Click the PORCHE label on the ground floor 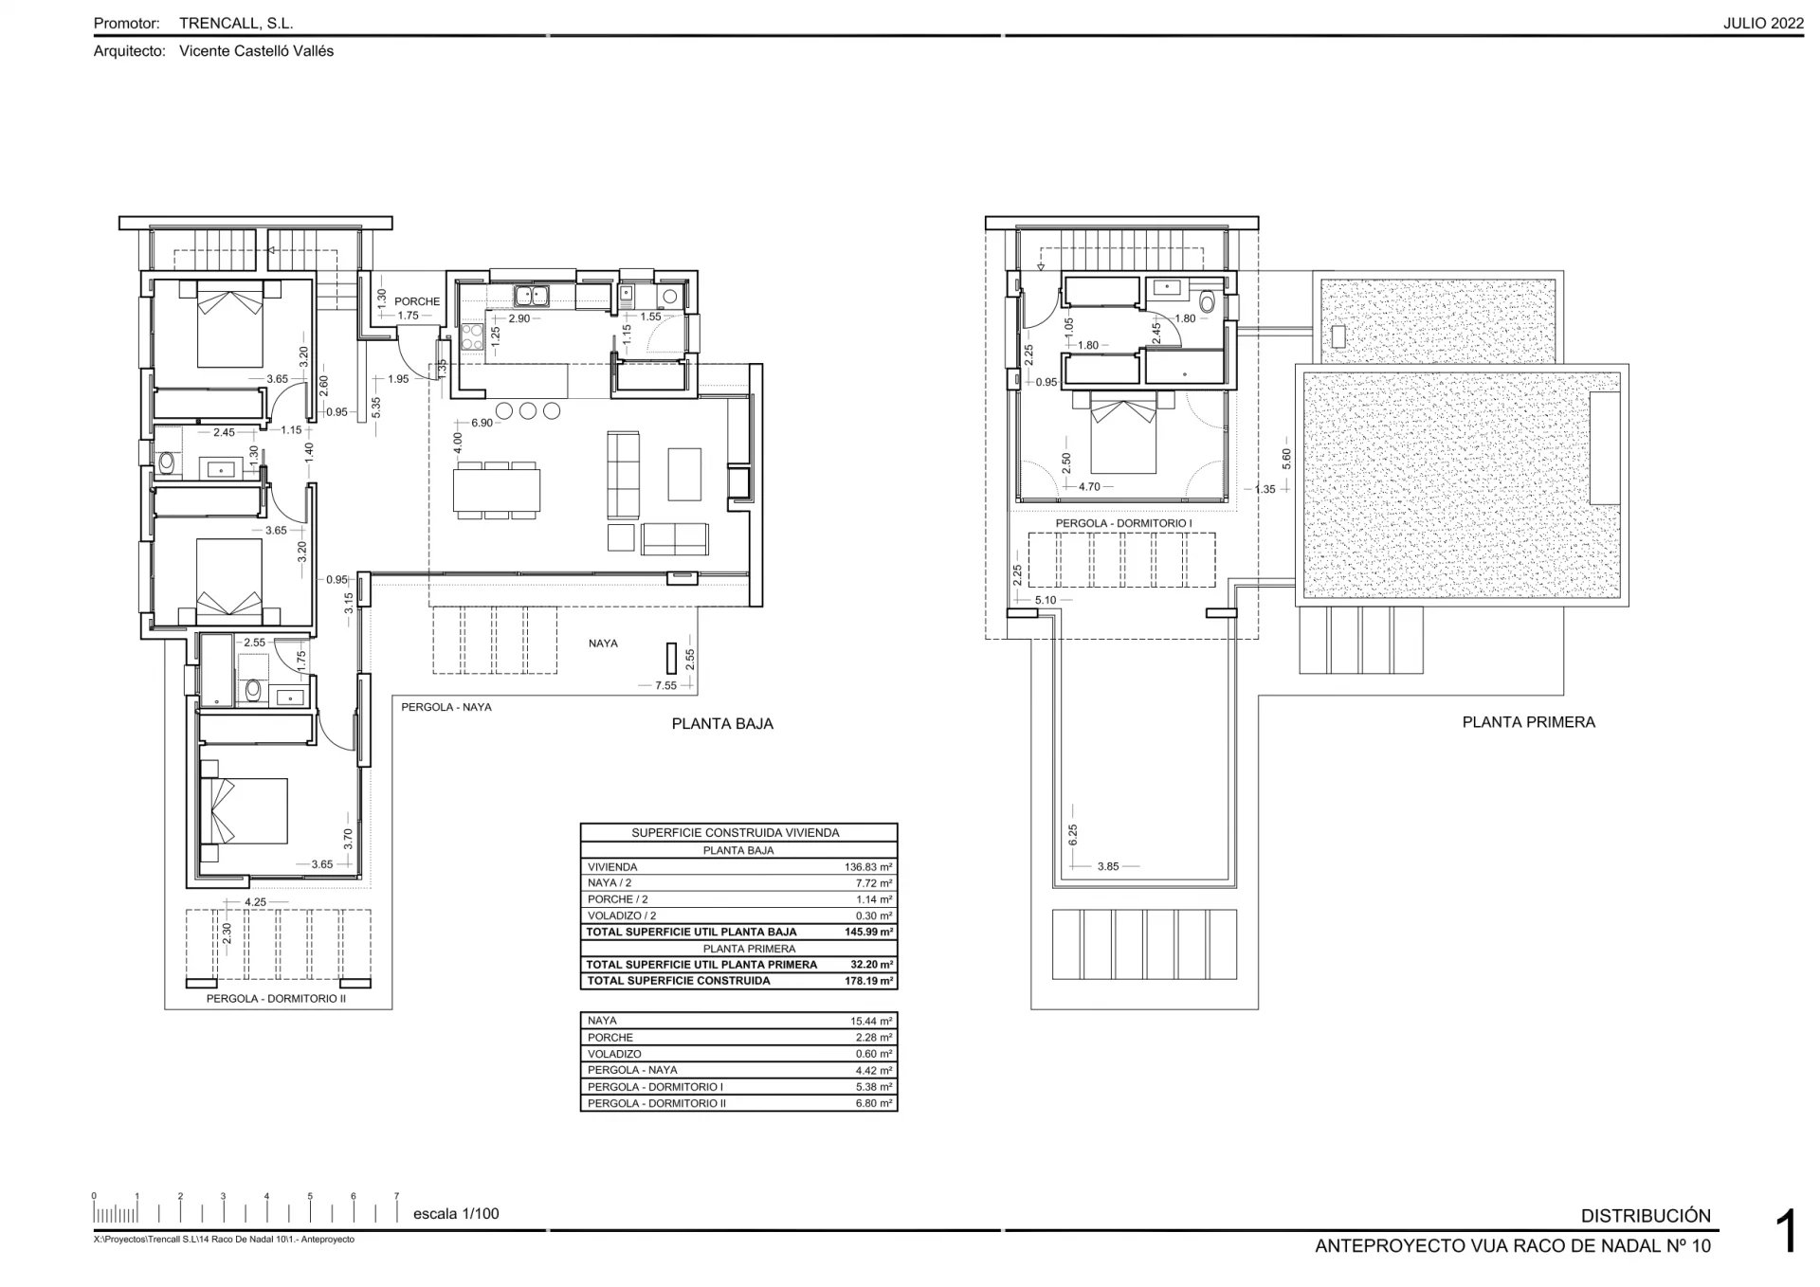click(x=417, y=301)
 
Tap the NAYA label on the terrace click(x=603, y=643)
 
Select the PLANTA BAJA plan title click(x=722, y=724)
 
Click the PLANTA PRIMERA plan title click(x=1528, y=722)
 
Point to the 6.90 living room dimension click(x=482, y=423)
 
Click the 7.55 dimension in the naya click(x=665, y=685)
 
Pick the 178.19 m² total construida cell click(x=870, y=981)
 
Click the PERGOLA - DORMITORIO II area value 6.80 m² click(x=872, y=1103)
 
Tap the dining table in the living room click(x=497, y=489)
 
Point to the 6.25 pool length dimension click(x=1073, y=834)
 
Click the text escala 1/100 click(x=456, y=1214)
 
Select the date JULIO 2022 click(x=1763, y=24)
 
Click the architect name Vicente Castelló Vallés click(x=256, y=51)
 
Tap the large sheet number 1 click(x=1786, y=1233)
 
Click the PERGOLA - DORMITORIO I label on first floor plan click(x=1123, y=523)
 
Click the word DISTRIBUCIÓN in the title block click(x=1646, y=1216)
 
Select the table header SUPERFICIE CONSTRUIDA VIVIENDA click(x=736, y=833)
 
